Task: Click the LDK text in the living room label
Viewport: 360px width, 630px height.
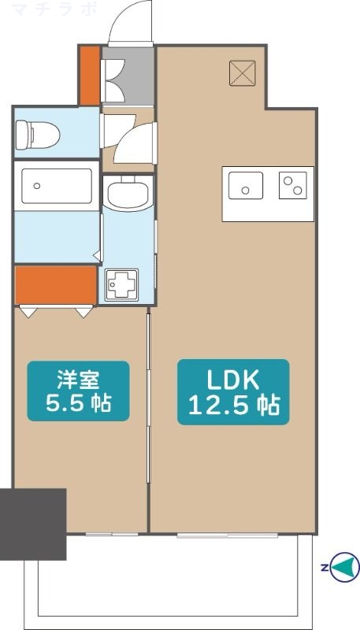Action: [232, 380]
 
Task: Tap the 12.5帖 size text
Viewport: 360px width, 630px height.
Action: [232, 406]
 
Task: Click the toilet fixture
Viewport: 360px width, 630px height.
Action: [38, 133]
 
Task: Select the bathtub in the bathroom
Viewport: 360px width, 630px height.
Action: [56, 187]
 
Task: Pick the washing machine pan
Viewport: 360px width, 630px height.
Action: [122, 284]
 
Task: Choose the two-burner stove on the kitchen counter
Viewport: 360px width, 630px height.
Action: [292, 187]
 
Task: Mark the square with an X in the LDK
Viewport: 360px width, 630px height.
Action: [240, 74]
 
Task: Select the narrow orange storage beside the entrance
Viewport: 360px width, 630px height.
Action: [89, 76]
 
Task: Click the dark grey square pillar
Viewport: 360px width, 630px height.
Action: [33, 524]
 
